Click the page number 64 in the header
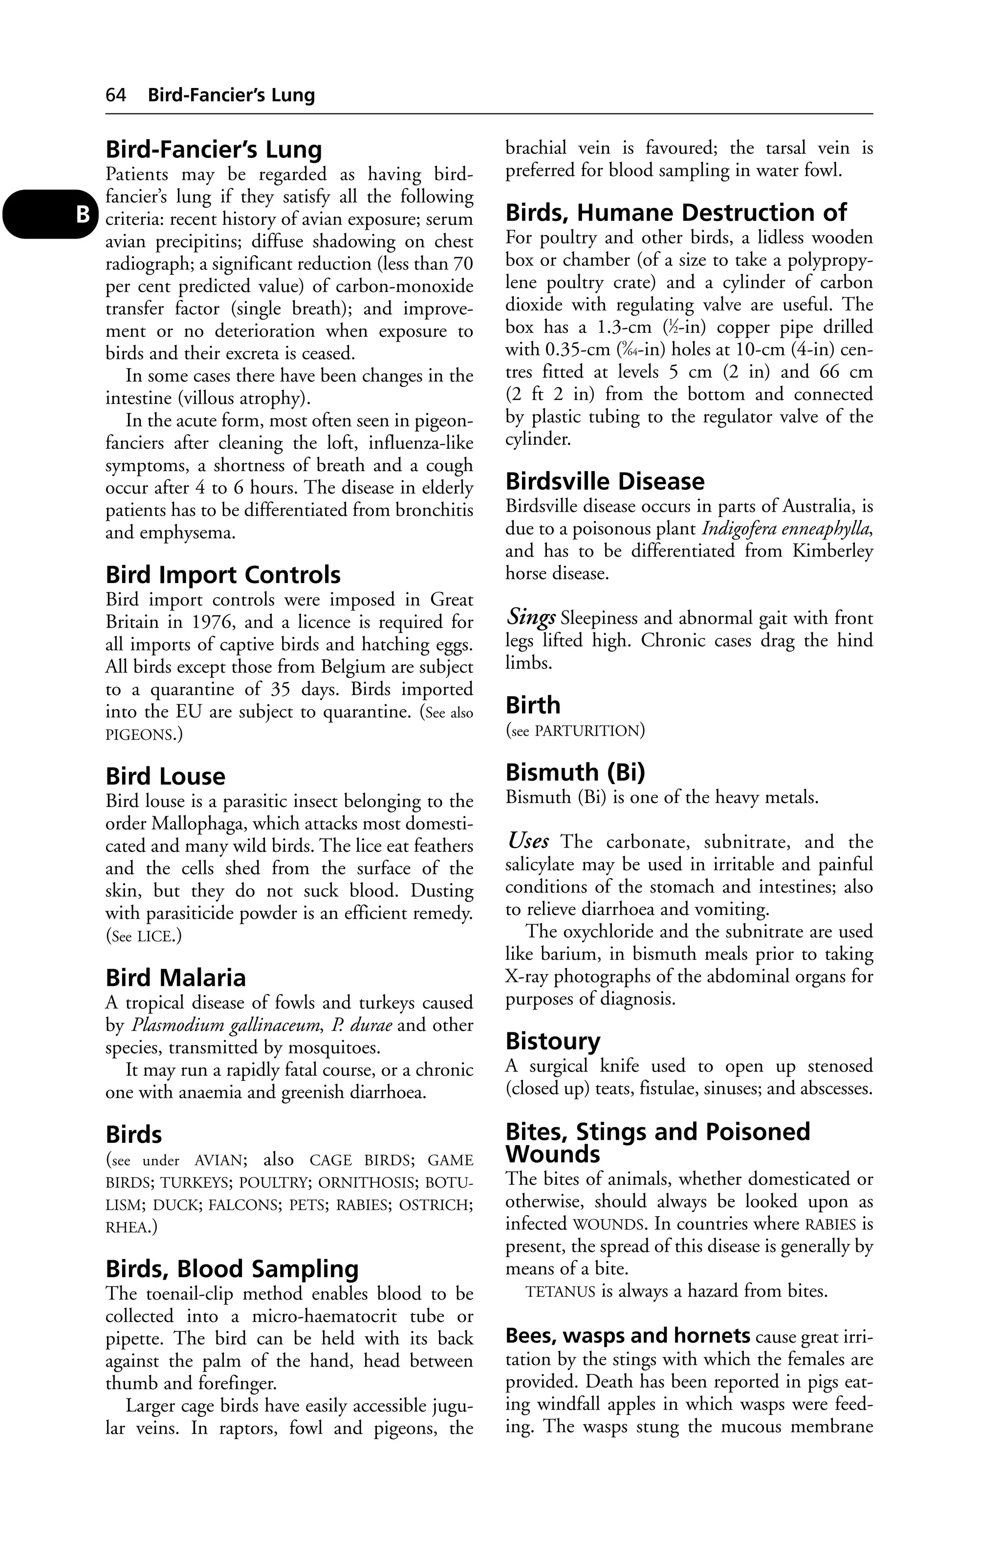click(x=116, y=95)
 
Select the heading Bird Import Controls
click(x=223, y=575)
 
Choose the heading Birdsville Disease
click(x=605, y=481)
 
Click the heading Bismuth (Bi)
click(x=575, y=772)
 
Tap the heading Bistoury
click(x=552, y=1041)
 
